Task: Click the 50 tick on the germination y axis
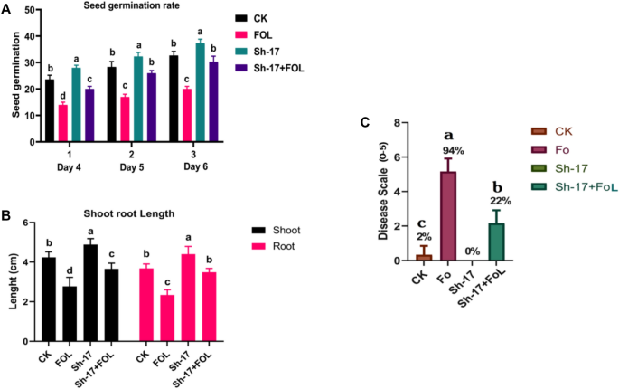30,10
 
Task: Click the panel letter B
6,216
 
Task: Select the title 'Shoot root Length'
114,213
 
